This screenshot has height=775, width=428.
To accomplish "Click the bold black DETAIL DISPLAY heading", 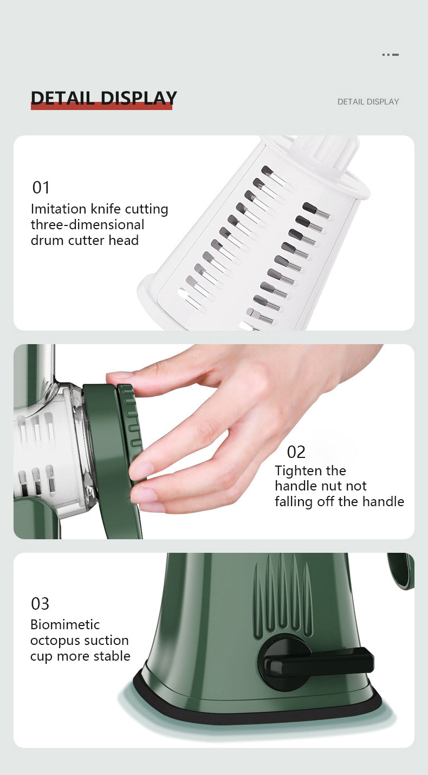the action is click(x=104, y=98).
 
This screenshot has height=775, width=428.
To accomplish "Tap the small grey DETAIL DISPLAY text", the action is click(x=368, y=102).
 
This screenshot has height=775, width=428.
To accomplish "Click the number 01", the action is click(x=41, y=188).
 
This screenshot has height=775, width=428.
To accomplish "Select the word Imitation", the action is click(x=59, y=209).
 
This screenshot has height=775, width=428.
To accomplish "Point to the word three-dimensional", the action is click(x=88, y=224).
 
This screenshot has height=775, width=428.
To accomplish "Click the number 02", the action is click(x=296, y=452).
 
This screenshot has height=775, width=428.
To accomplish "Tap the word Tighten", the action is click(x=299, y=471).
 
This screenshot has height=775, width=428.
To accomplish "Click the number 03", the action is click(x=40, y=604).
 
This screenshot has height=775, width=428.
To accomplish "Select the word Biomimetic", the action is click(x=65, y=624).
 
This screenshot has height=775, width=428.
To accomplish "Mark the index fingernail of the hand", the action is click(x=118, y=375).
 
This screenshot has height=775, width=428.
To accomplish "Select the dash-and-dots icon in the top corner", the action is click(x=391, y=55).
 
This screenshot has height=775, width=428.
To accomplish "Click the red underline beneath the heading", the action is click(x=101, y=107).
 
